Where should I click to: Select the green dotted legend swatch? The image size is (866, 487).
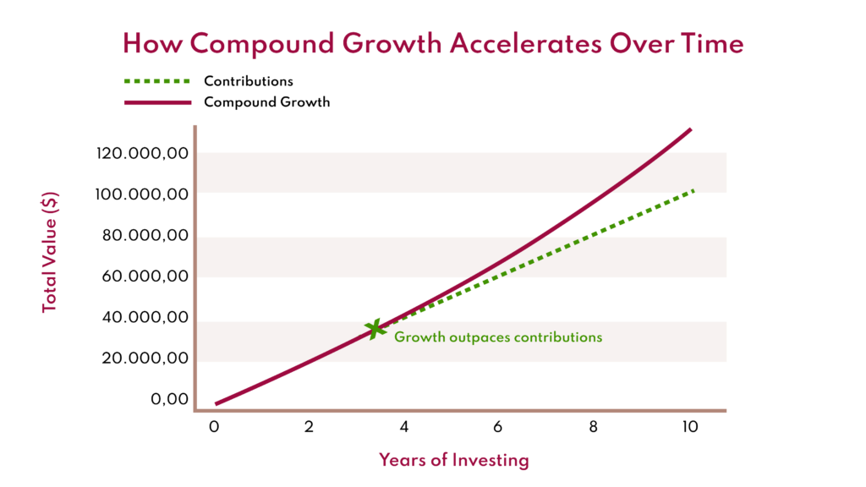pos(157,82)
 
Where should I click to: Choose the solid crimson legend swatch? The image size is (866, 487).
pos(157,102)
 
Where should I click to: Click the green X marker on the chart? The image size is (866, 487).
pos(375,328)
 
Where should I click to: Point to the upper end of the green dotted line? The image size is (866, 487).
pos(693,191)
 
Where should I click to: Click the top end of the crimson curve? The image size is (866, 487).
pos(690,129)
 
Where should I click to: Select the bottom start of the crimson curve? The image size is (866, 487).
pos(216,403)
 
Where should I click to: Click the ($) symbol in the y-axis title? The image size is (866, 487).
pos(50,205)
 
